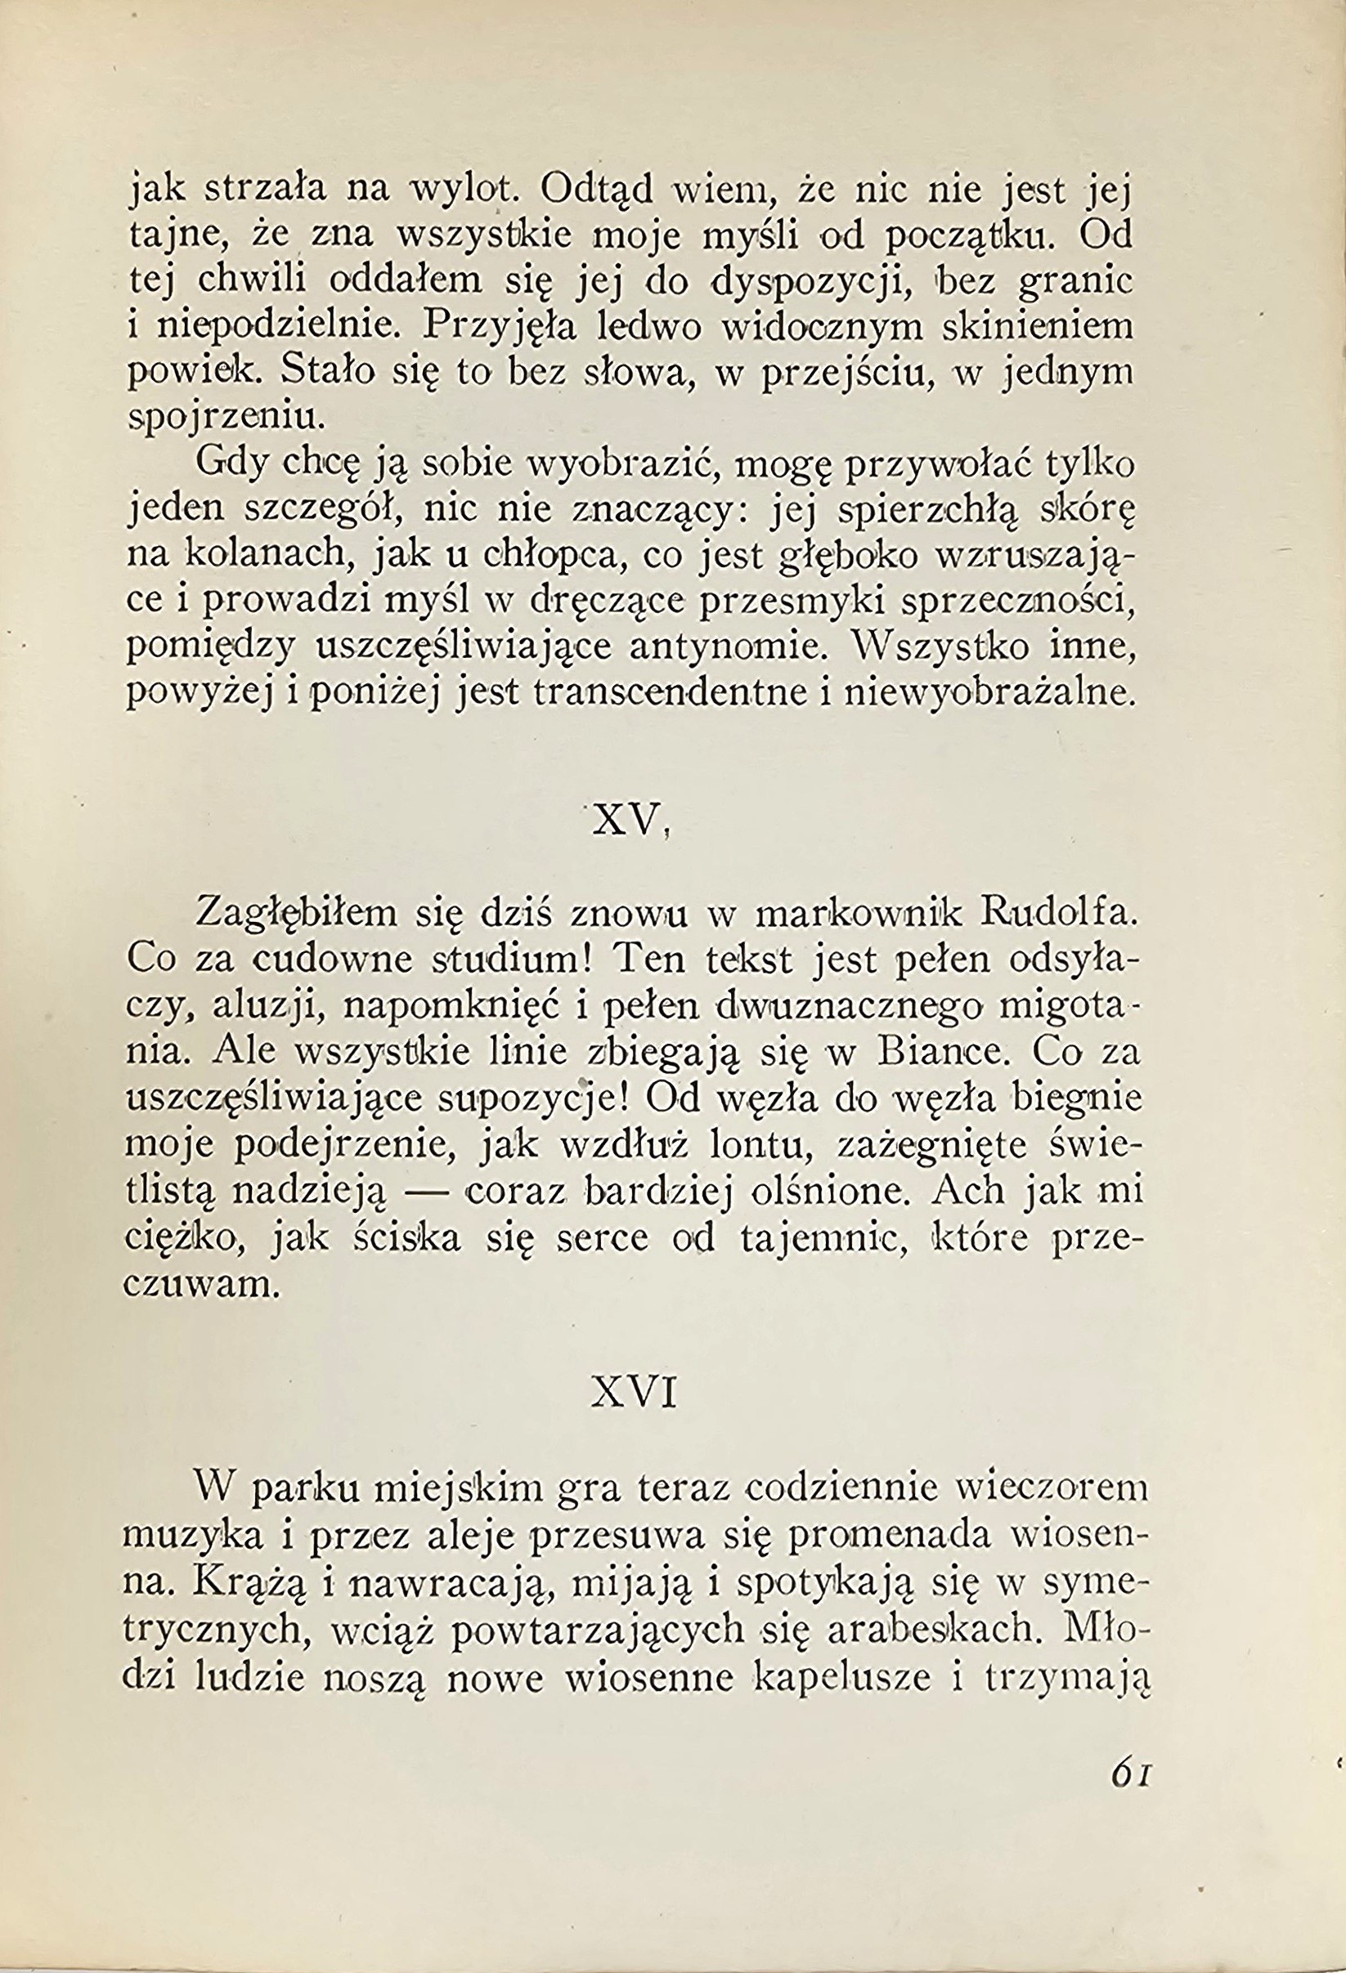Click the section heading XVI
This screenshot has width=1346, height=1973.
coord(635,1394)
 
